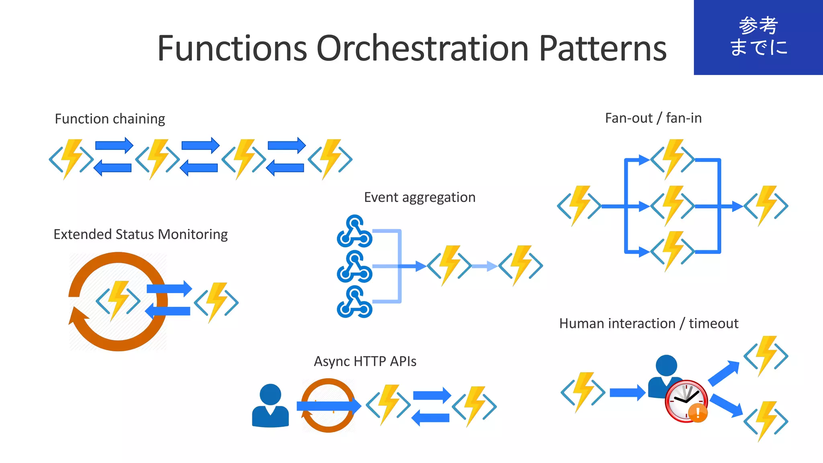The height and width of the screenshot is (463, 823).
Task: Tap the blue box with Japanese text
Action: click(x=758, y=37)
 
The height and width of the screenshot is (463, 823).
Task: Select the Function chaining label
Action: click(x=110, y=119)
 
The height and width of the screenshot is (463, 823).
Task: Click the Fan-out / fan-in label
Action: click(x=653, y=118)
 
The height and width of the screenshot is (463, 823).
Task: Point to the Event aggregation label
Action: click(x=420, y=197)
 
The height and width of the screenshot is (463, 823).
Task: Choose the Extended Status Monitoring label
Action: click(x=140, y=234)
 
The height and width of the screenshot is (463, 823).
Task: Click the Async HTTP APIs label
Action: click(x=365, y=361)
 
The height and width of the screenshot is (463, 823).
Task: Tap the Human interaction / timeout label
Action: click(x=649, y=323)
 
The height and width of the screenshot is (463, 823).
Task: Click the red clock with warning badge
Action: click(x=686, y=401)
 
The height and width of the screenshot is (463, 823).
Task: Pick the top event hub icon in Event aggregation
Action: click(x=354, y=231)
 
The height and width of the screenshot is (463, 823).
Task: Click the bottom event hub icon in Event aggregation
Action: click(x=354, y=302)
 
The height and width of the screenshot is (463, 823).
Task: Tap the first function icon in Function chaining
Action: click(x=71, y=159)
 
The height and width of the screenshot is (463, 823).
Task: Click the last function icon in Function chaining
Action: click(x=330, y=159)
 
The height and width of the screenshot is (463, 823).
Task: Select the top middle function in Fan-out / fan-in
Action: click(x=672, y=159)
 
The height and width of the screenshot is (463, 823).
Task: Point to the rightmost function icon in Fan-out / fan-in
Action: click(x=766, y=206)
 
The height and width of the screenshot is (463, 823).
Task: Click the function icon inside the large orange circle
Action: click(x=118, y=300)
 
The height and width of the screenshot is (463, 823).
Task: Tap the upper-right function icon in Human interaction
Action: click(x=766, y=356)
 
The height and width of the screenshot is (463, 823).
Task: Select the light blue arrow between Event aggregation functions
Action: click(x=485, y=266)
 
